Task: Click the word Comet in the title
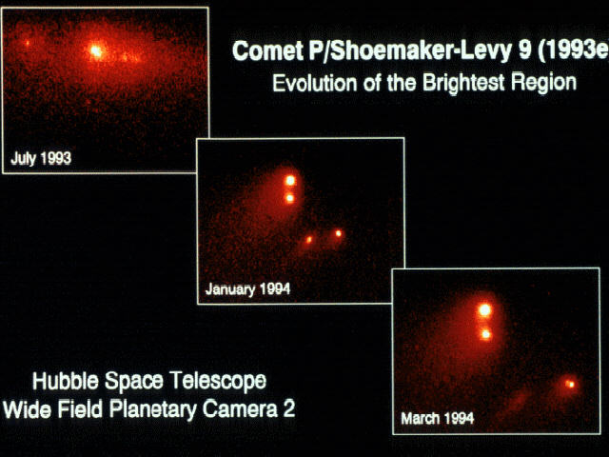[267, 50]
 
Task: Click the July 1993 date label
[41, 158]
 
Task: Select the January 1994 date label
[247, 289]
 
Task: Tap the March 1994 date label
[438, 419]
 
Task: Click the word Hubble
[66, 381]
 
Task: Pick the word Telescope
[219, 381]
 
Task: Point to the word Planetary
[152, 410]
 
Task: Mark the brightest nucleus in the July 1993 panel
[95, 50]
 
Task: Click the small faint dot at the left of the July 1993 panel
[28, 43]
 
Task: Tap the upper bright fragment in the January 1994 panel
[290, 180]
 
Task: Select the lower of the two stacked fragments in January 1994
[289, 199]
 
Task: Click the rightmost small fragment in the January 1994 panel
[339, 233]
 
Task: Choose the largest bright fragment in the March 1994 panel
[484, 310]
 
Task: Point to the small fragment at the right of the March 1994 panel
[571, 385]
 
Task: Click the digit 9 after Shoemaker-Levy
[524, 50]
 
